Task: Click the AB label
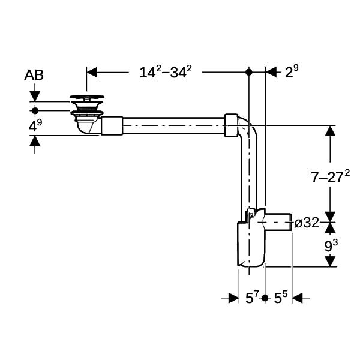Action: pos(34,75)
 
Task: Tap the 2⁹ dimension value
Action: pos(292,71)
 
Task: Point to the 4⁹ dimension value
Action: pos(35,125)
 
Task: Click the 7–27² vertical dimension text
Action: pos(331,176)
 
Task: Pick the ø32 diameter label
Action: pos(307,223)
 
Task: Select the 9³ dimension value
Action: pos(331,245)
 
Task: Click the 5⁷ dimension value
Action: pos(252,298)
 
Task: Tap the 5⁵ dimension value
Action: pos(281,298)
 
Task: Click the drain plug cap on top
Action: pos(87,97)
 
